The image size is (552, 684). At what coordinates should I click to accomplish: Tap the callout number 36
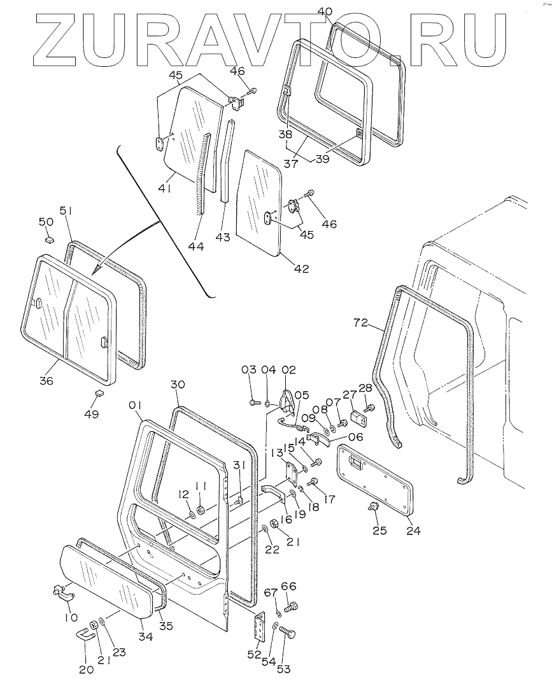pos(46,381)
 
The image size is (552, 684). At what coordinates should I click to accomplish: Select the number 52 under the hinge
pos(254,654)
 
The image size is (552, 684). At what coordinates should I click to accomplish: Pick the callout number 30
pos(178,385)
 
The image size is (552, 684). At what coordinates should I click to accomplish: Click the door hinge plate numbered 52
pos(260,627)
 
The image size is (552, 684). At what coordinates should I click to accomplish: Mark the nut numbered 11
pos(201,509)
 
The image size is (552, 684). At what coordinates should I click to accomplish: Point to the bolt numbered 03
pos(253,403)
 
